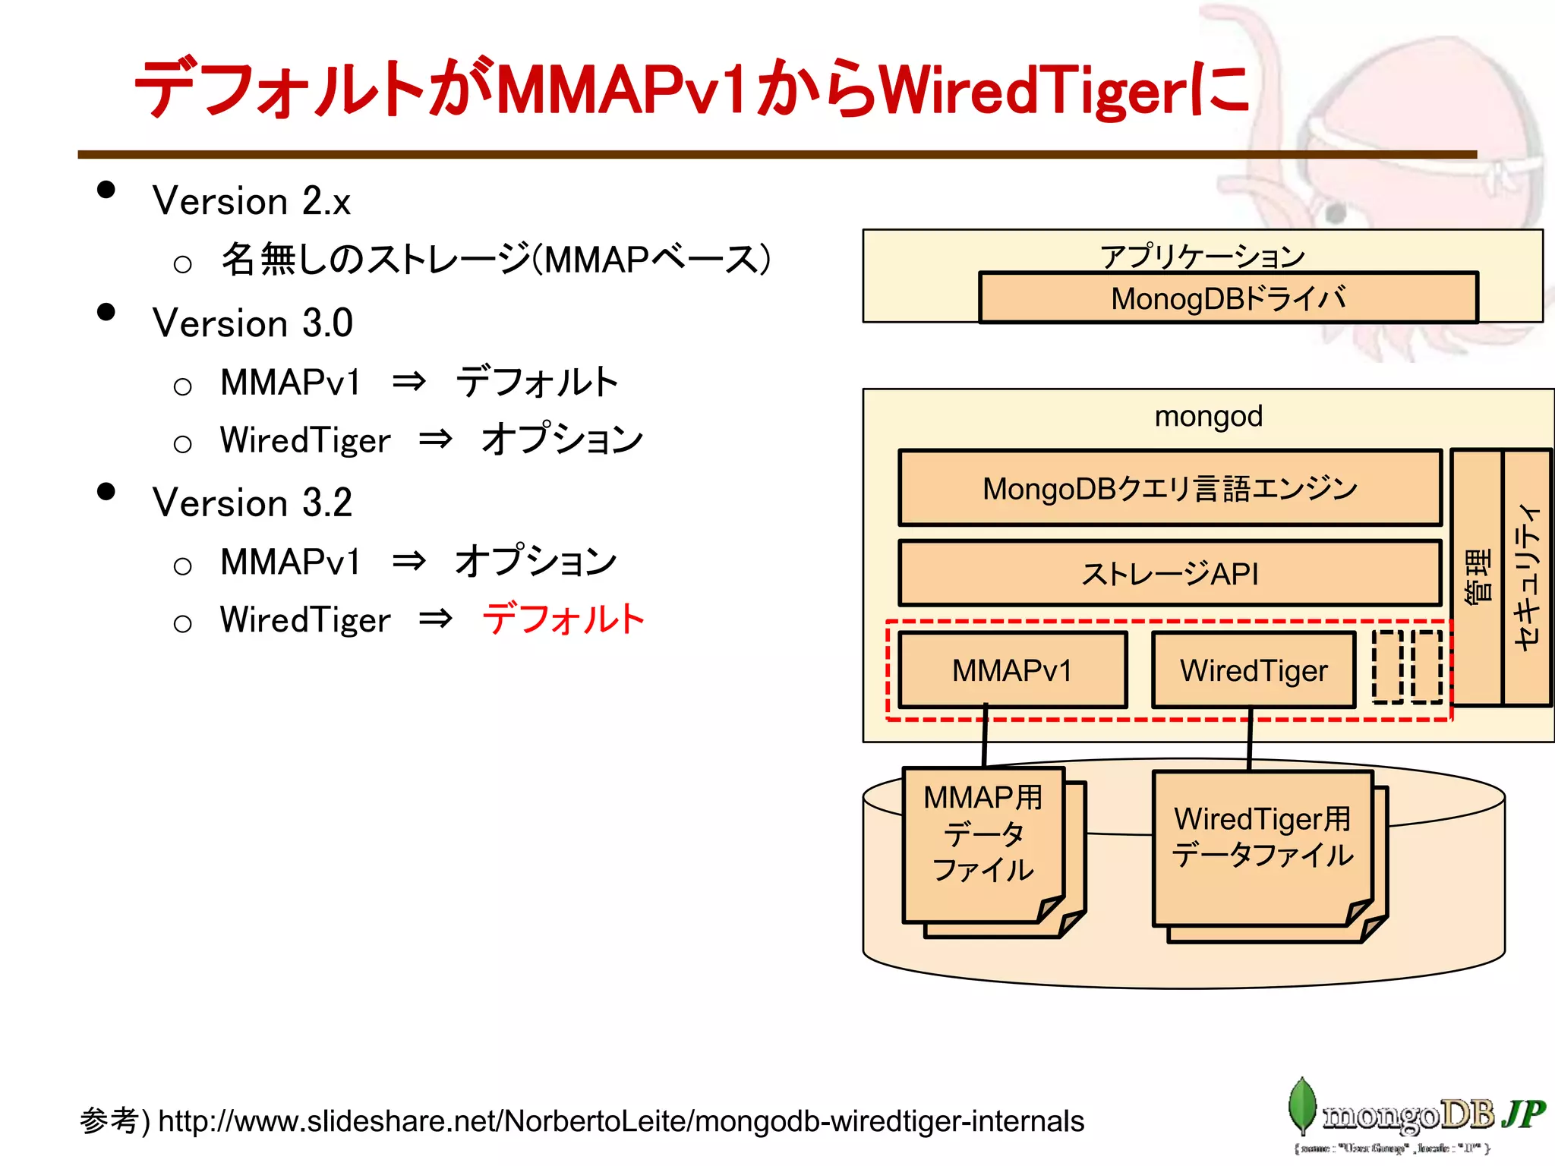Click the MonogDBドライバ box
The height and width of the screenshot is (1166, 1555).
[1228, 298]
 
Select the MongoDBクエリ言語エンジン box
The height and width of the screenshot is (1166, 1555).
[1169, 488]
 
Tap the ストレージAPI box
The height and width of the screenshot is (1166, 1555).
[1169, 574]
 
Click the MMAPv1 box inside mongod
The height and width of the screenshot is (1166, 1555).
[1012, 670]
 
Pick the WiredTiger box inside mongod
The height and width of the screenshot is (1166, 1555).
[1253, 670]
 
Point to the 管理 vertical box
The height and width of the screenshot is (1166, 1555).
[1477, 577]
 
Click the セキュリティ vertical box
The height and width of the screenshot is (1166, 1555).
[1527, 577]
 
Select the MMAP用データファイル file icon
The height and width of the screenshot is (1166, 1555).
[983, 843]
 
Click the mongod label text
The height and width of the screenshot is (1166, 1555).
[1208, 416]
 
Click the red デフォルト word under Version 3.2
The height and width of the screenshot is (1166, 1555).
[563, 619]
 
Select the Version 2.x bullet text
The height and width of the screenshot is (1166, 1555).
[251, 201]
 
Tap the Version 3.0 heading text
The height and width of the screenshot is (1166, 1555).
[253, 323]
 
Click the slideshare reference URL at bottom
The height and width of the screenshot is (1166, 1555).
[620, 1121]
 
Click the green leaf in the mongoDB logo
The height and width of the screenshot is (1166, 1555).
[1301, 1105]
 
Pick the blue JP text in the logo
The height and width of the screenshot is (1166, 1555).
[1522, 1114]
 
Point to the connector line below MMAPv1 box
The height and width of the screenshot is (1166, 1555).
[985, 735]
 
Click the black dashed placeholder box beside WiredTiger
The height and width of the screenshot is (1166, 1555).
[1388, 667]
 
